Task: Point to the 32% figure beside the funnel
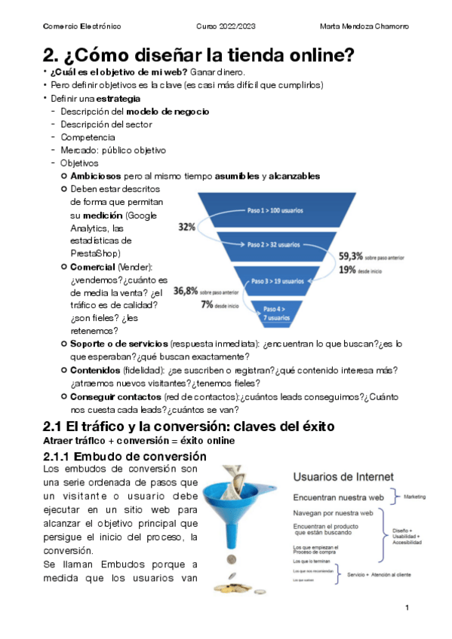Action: click(186, 226)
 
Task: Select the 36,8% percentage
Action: click(186, 290)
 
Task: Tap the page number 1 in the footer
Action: click(407, 607)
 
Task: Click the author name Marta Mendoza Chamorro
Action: click(364, 26)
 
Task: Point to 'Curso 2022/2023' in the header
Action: click(226, 26)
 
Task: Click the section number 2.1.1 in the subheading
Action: click(61, 457)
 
